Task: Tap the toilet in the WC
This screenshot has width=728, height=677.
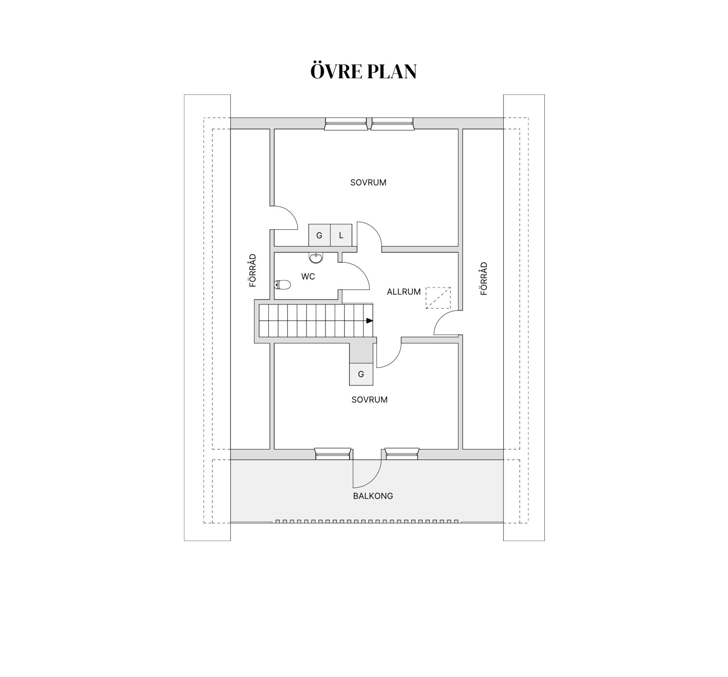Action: (x=282, y=284)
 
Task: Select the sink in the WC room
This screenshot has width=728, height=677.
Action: (x=316, y=258)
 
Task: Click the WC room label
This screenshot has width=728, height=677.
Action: (x=308, y=277)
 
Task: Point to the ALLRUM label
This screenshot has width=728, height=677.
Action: (x=404, y=292)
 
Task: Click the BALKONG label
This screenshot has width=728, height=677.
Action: (x=373, y=496)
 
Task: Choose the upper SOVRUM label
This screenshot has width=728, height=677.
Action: (x=368, y=182)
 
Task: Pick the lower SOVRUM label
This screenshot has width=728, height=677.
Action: (x=370, y=400)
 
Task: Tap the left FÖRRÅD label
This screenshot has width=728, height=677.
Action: (x=253, y=270)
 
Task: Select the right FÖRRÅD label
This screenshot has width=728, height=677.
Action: (x=484, y=278)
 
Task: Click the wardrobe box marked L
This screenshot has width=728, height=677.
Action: (x=341, y=235)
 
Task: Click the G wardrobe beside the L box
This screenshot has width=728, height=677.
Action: (x=319, y=235)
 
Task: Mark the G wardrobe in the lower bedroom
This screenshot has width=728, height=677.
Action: (x=361, y=374)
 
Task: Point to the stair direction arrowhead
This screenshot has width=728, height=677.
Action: (x=370, y=321)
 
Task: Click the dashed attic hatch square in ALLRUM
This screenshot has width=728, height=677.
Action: (x=438, y=298)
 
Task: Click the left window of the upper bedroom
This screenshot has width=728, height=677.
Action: (x=346, y=124)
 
